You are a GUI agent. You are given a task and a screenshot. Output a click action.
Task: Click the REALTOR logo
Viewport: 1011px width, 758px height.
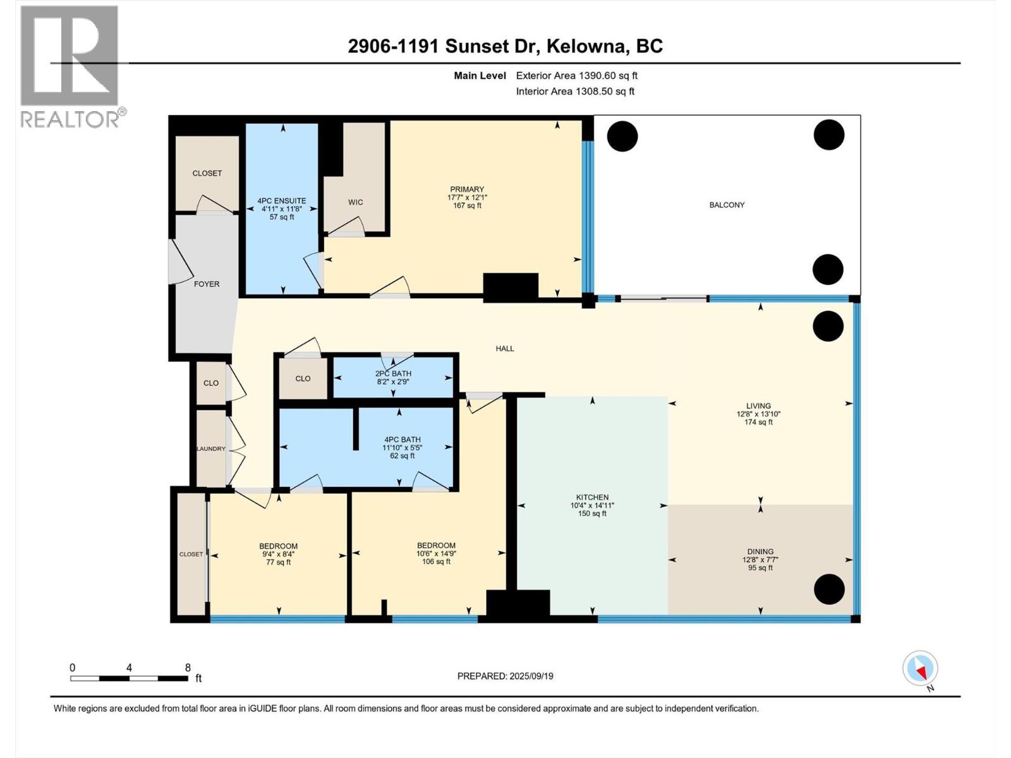(70, 66)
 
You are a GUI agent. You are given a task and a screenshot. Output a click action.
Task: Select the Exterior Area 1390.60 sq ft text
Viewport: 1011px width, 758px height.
(576, 75)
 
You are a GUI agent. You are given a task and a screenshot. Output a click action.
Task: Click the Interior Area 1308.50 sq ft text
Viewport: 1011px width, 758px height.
(575, 91)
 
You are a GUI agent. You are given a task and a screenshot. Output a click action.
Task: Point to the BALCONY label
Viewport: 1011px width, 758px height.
(727, 205)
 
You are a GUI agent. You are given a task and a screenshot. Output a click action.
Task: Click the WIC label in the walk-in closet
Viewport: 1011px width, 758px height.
(355, 202)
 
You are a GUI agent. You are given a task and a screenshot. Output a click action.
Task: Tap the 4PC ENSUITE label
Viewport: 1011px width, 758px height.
(282, 201)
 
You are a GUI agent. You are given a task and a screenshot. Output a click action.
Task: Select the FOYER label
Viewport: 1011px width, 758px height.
(207, 284)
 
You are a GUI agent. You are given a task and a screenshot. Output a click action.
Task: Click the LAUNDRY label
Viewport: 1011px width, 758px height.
(210, 448)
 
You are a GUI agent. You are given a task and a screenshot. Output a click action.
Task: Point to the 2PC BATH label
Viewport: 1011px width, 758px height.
(393, 373)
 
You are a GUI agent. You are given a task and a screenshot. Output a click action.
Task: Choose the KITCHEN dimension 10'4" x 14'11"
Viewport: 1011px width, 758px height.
(592, 505)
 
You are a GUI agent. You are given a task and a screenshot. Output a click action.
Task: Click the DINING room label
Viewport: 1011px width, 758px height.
(760, 551)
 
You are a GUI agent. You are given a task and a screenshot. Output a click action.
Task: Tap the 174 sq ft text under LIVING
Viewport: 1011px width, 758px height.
(758, 422)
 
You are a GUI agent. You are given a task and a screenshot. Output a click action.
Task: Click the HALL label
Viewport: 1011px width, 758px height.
(505, 348)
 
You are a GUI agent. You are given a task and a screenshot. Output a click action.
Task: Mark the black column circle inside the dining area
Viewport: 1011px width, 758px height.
(828, 589)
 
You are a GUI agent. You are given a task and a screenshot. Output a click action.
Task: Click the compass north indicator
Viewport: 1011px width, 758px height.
(921, 669)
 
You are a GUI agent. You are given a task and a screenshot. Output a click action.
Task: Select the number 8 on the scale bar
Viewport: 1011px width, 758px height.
(188, 667)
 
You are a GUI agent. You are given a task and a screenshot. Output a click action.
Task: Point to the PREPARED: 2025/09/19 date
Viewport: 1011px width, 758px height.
(505, 676)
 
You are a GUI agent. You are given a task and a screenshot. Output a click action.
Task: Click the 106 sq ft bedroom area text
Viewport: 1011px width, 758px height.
(436, 562)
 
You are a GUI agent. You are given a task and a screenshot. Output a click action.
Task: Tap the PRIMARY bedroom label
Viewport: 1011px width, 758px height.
(467, 189)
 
